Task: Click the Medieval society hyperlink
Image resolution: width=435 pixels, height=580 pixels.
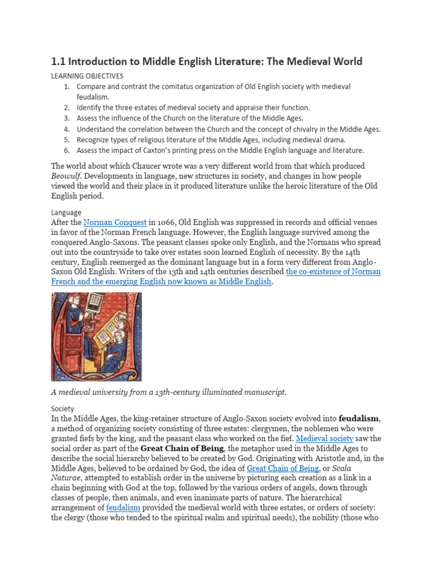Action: (325, 438)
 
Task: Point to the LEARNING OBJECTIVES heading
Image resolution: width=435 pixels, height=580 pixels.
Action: (87, 75)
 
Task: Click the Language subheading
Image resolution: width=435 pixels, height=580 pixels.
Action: (66, 212)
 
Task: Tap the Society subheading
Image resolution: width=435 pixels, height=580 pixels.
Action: (63, 408)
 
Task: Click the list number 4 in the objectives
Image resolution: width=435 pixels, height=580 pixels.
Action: (66, 129)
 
